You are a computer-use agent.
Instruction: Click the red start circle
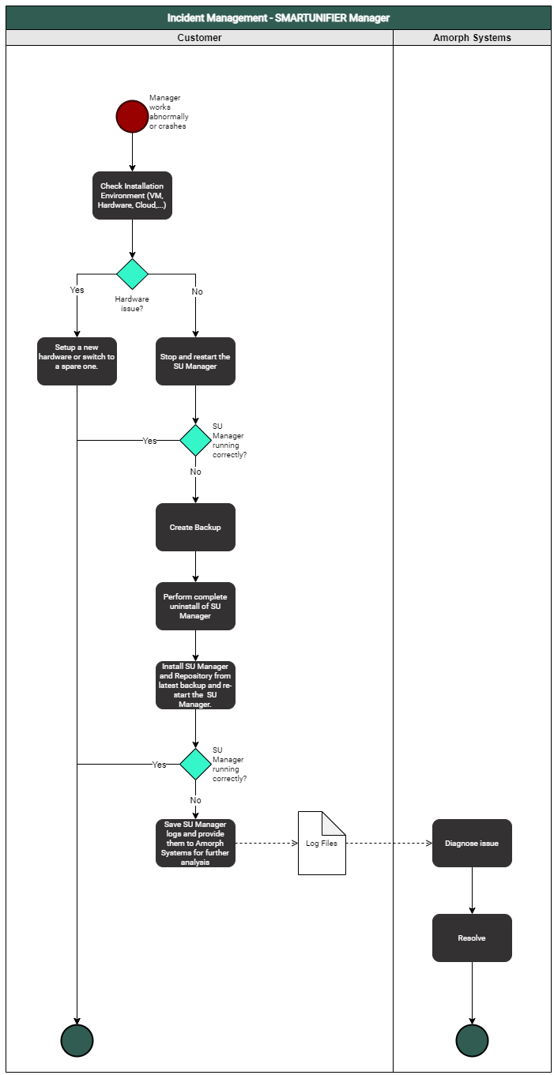132,116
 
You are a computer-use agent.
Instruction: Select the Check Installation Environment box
132,195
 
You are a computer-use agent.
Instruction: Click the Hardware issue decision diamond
132,274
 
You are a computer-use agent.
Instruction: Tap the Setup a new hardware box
77,361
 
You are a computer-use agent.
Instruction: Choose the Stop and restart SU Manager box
195,361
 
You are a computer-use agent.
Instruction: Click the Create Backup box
195,527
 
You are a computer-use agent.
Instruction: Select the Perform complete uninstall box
195,606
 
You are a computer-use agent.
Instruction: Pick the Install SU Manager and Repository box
195,685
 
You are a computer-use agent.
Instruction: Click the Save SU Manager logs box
195,843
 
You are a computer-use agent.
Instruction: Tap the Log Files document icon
322,843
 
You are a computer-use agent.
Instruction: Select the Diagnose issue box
472,843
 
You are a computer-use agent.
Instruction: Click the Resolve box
472,938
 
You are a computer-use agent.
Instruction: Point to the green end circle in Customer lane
77,1040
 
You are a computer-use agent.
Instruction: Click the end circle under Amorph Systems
472,1040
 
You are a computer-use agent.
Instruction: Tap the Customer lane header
199,37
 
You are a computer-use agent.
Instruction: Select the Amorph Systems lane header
472,37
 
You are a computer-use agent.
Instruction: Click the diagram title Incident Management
278,17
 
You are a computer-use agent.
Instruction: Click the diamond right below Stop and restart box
195,440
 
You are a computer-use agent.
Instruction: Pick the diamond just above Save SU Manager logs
195,764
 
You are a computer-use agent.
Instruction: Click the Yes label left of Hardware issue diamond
77,290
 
